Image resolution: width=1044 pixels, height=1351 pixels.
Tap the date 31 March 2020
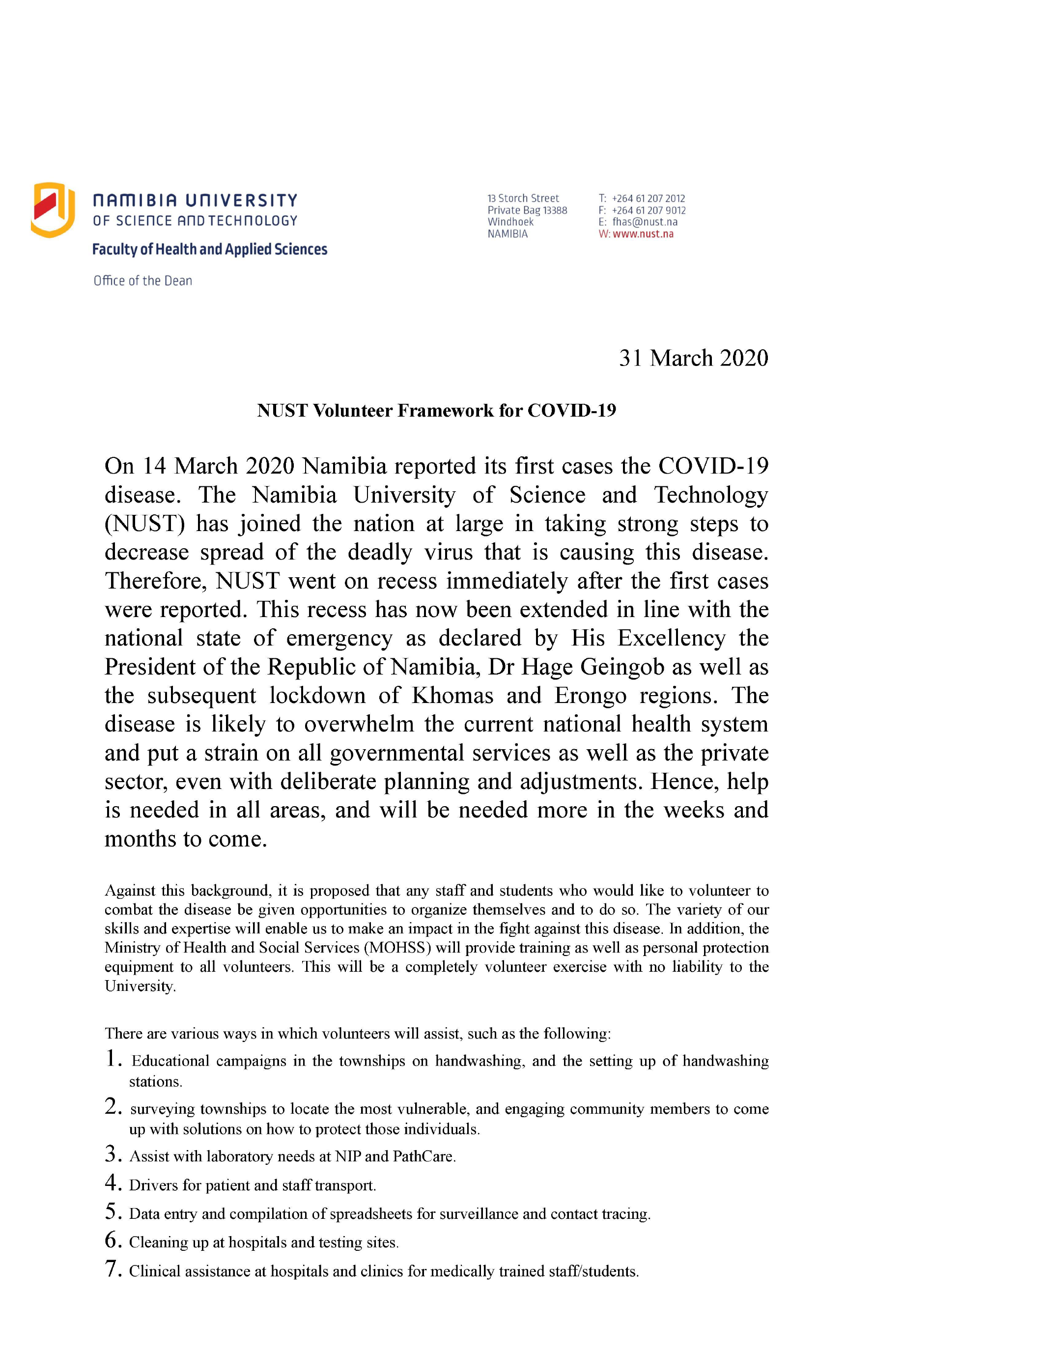pyautogui.click(x=693, y=358)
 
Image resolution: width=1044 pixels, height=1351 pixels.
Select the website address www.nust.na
pyautogui.click(x=643, y=234)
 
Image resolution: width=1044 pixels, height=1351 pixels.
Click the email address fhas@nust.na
pyautogui.click(x=645, y=222)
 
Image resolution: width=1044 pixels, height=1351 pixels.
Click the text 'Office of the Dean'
pyautogui.click(x=143, y=281)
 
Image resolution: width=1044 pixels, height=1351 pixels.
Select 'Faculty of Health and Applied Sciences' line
pyautogui.click(x=210, y=249)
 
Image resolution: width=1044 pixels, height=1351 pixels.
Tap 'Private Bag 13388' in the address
pyautogui.click(x=527, y=210)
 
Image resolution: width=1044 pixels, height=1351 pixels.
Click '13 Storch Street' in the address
pyautogui.click(x=523, y=198)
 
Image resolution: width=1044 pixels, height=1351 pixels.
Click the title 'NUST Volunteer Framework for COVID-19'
pyautogui.click(x=436, y=411)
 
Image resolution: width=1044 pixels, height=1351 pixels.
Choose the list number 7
pyautogui.click(x=112, y=1269)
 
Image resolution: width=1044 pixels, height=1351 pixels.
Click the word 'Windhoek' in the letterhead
pyautogui.click(x=510, y=222)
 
